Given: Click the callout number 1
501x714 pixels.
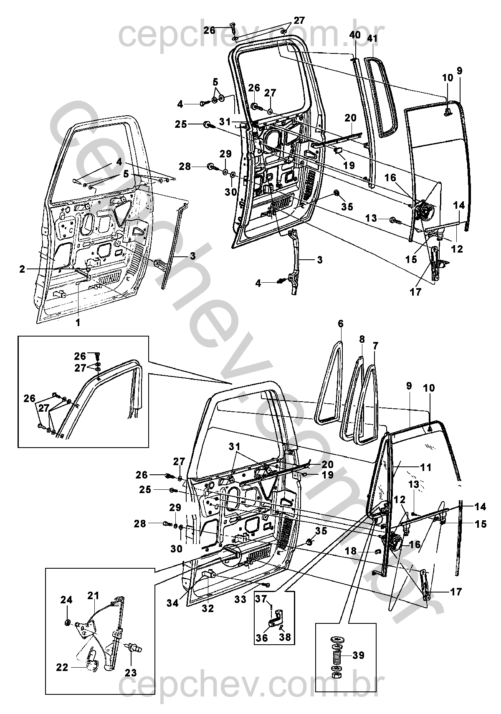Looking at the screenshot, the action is (77, 323).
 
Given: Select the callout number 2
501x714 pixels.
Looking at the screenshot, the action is (22, 269).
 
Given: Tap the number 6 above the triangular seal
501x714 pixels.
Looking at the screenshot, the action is (341, 324).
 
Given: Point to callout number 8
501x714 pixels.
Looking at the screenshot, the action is (362, 339).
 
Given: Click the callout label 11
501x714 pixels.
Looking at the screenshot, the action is (426, 468).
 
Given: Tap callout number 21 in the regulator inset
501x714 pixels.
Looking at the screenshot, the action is (94, 596).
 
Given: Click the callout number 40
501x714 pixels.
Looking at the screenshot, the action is (355, 34).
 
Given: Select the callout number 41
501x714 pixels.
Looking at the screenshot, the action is (372, 38).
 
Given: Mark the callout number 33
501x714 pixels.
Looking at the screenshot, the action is (240, 599).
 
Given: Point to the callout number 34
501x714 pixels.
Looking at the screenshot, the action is (173, 603).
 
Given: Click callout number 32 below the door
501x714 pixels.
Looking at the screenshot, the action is (208, 608).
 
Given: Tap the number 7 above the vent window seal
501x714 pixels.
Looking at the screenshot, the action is (375, 346).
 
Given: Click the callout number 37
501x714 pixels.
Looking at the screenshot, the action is (261, 599).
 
